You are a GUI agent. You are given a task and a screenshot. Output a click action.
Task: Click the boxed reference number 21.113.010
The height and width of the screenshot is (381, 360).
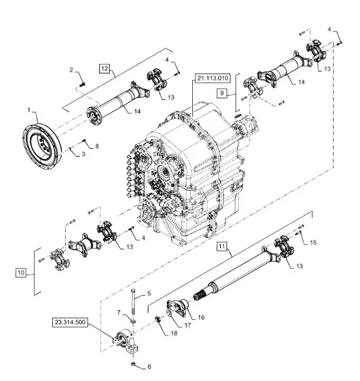point(213,78)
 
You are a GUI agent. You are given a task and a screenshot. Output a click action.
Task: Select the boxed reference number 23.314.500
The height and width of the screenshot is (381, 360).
point(70,322)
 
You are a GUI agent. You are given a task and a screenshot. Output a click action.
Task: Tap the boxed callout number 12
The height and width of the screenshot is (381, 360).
point(105,68)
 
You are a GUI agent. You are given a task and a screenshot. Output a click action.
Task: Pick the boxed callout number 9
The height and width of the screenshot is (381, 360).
point(222,93)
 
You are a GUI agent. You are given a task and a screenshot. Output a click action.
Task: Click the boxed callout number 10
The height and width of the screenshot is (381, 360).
point(21,273)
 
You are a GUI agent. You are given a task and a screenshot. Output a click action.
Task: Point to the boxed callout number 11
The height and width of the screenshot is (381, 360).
point(221,246)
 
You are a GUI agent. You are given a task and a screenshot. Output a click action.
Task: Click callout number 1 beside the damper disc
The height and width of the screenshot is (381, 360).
point(28,110)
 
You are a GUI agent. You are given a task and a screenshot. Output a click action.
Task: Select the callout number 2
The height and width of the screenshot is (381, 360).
point(71,70)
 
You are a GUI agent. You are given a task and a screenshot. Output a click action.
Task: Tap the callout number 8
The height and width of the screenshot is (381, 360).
point(97,146)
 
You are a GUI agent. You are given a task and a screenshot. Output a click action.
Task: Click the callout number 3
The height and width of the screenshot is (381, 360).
point(83,154)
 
